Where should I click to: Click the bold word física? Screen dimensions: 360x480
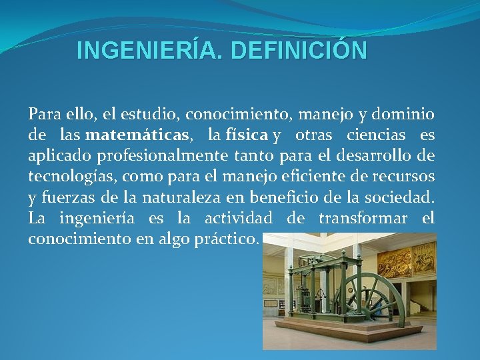[247, 135]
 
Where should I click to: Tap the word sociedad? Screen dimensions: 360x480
[400, 197]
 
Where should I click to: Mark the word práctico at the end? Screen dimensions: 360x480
[225, 239]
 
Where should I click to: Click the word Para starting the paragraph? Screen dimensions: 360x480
[43, 115]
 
